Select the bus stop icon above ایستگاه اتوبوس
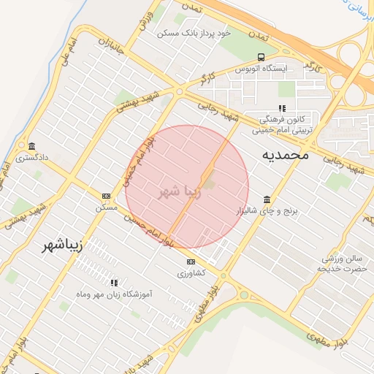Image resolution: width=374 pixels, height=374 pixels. click(x=262, y=56)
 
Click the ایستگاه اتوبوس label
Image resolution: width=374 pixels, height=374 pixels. click(x=262, y=68)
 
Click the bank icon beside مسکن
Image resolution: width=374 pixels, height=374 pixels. click(x=107, y=196)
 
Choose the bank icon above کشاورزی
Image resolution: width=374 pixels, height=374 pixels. click(x=191, y=262)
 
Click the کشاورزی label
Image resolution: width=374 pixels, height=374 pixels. click(x=191, y=273)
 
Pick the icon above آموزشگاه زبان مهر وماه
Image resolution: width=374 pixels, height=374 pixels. click(x=113, y=282)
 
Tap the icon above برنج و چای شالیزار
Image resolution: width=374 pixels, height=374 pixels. click(x=267, y=199)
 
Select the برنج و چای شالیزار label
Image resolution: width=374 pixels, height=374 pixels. click(x=268, y=210)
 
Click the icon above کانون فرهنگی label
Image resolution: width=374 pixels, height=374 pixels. click(x=282, y=108)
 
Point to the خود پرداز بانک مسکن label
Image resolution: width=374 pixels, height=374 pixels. click(x=194, y=33)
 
